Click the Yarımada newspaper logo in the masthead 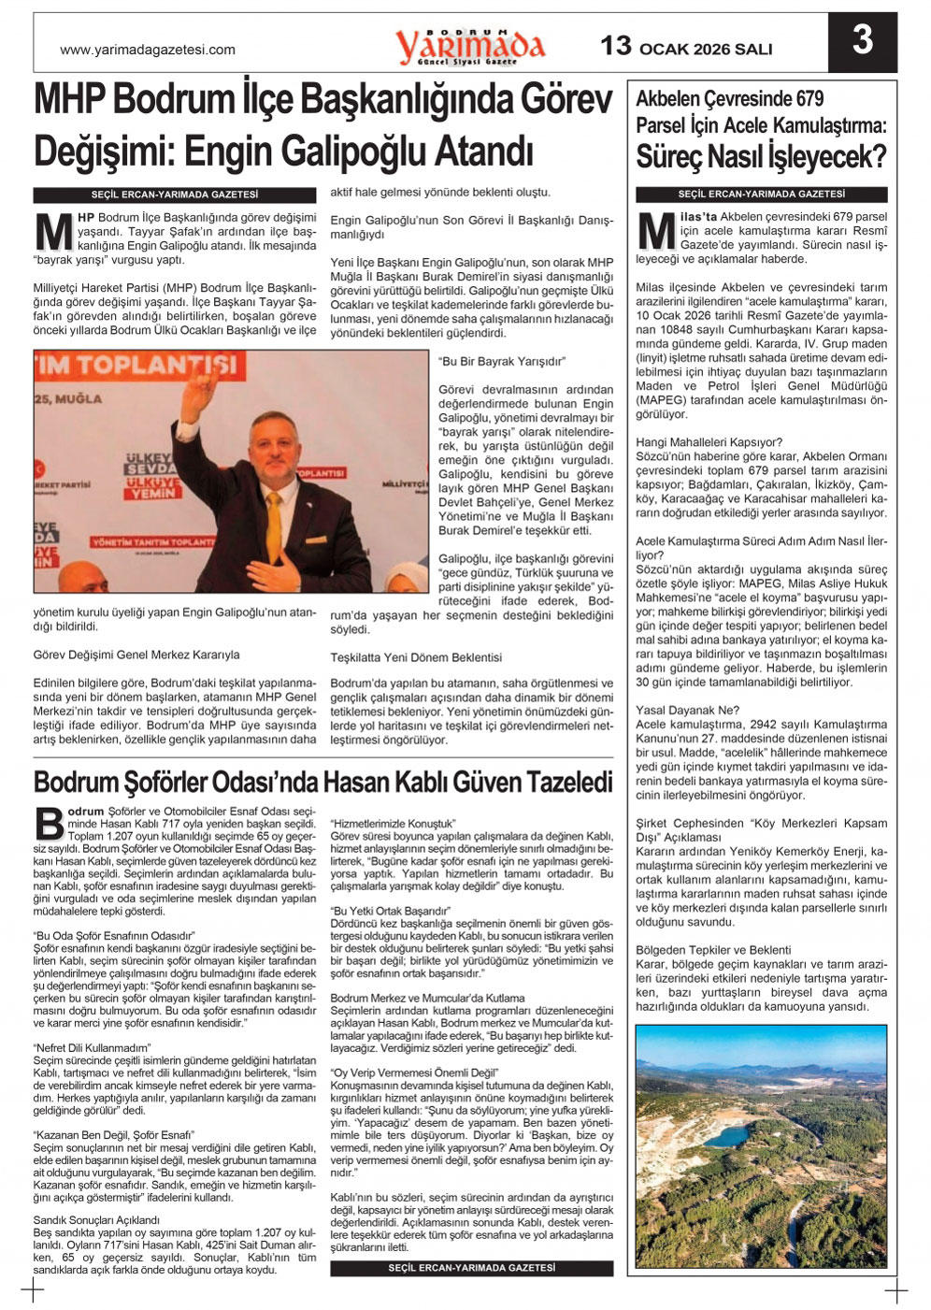coord(469,45)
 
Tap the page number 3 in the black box coord(862,40)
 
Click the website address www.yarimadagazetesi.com coord(148,50)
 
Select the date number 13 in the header coord(616,46)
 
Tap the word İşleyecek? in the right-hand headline coord(825,156)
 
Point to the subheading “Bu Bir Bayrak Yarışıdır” coord(503,361)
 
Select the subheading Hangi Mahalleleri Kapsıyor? coord(709,442)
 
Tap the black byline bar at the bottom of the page coord(472,1268)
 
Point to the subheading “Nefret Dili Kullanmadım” coord(92,1048)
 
